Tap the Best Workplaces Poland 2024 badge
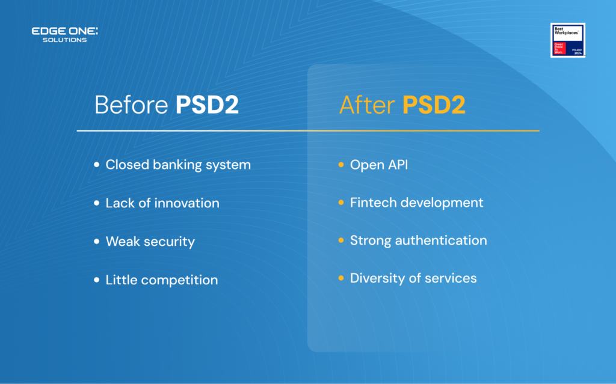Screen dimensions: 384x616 (x=567, y=40)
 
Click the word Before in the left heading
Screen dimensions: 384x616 (x=131, y=105)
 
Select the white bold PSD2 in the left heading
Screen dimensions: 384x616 (x=207, y=105)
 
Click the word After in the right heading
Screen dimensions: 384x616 (x=367, y=105)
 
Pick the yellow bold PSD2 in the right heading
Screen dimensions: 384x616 (x=434, y=105)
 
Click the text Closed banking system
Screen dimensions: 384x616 (x=178, y=165)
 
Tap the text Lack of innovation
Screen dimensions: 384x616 (x=162, y=203)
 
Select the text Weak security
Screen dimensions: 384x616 (x=150, y=242)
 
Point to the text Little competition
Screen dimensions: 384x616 (x=162, y=280)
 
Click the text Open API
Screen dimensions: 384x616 (x=379, y=165)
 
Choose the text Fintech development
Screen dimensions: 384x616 (x=416, y=203)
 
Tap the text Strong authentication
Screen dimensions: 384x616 (x=419, y=240)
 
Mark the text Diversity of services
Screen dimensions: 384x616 (x=413, y=278)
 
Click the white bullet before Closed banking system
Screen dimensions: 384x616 (x=97, y=165)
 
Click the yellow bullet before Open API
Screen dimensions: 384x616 (x=341, y=165)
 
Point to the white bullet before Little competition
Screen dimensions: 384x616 (x=97, y=280)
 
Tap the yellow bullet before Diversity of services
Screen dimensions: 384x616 (x=341, y=278)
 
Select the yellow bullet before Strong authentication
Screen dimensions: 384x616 (x=341, y=240)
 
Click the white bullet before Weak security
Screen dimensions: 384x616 (x=97, y=242)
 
